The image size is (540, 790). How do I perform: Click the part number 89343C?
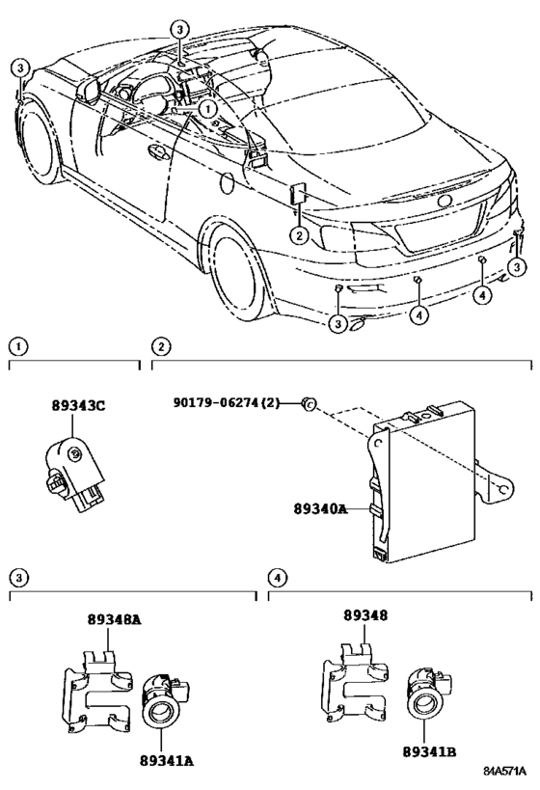(x=79, y=406)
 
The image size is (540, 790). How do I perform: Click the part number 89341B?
(x=429, y=748)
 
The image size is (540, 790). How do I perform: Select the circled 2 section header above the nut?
(x=161, y=345)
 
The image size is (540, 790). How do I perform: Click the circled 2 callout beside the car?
(x=300, y=234)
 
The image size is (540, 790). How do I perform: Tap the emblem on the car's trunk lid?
(x=445, y=201)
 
